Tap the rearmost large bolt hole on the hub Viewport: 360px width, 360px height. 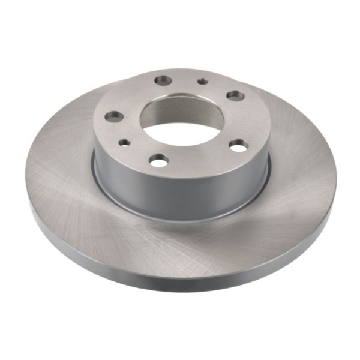pyautogui.click(x=163, y=79)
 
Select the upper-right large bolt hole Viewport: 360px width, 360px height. pyautogui.click(x=233, y=94)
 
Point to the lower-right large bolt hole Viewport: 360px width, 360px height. pyautogui.click(x=238, y=145)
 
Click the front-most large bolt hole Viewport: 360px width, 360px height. pyautogui.click(x=159, y=160)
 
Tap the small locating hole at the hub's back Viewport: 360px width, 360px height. pyautogui.click(x=203, y=81)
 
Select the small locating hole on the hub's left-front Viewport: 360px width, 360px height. pyautogui.click(x=125, y=142)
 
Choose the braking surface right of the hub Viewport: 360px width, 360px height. pyautogui.click(x=300, y=168)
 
